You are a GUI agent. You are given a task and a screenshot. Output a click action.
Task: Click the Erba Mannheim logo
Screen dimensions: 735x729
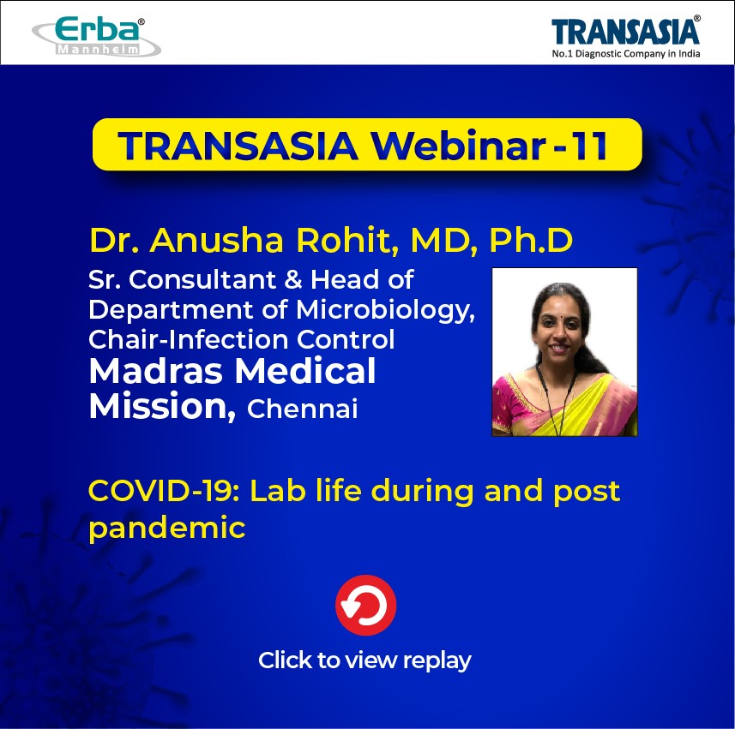(97, 37)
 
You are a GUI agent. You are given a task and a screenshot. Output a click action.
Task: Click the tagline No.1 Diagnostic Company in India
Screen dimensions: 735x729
(626, 54)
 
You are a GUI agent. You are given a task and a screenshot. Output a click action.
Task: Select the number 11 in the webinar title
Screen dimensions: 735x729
(591, 145)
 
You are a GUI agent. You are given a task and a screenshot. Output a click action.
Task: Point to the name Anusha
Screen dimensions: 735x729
(216, 240)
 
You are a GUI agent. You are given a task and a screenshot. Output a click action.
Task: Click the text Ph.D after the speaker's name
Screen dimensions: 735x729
(531, 240)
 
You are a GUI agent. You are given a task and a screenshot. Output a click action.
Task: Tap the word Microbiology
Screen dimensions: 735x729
(385, 311)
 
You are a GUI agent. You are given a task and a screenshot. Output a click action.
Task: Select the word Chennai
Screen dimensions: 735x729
(303, 409)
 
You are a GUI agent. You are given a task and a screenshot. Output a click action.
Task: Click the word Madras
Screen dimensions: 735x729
(155, 371)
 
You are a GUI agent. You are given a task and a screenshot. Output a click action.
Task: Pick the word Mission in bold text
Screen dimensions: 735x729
(162, 406)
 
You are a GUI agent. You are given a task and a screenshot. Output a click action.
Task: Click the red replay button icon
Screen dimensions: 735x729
(365, 605)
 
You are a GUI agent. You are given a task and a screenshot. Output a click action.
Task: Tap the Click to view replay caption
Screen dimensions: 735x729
(364, 660)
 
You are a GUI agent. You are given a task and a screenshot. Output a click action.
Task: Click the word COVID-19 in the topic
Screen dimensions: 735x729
(164, 491)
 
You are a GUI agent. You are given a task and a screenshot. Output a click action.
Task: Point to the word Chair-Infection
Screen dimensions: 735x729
(188, 339)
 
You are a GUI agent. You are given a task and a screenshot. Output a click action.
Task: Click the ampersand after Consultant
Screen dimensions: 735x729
(293, 280)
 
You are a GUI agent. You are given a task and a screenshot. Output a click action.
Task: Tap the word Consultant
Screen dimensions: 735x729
(202, 280)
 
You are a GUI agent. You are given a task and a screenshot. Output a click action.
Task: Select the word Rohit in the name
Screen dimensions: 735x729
(347, 240)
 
